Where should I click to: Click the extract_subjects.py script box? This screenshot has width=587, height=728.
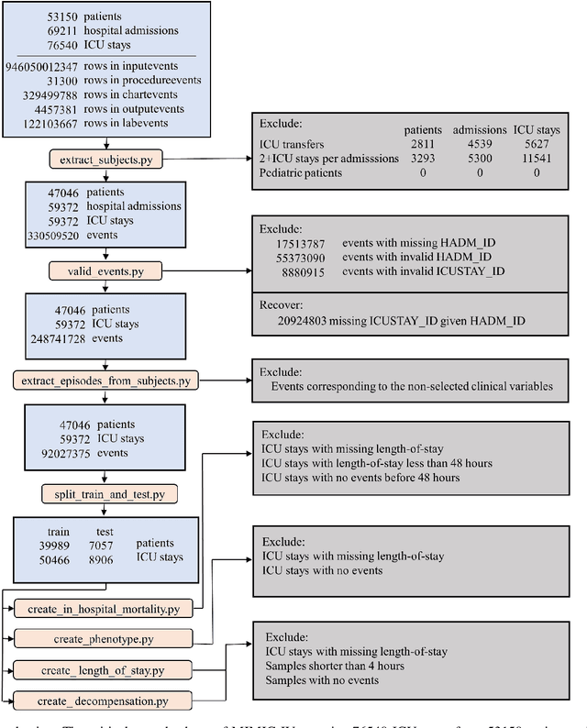click(x=107, y=160)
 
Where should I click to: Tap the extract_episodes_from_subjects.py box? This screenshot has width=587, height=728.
click(x=107, y=380)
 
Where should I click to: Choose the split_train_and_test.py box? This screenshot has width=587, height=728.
click(x=107, y=494)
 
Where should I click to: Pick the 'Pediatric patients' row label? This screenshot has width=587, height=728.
click(x=305, y=172)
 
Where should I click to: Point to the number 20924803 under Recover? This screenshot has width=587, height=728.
click(x=307, y=322)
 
